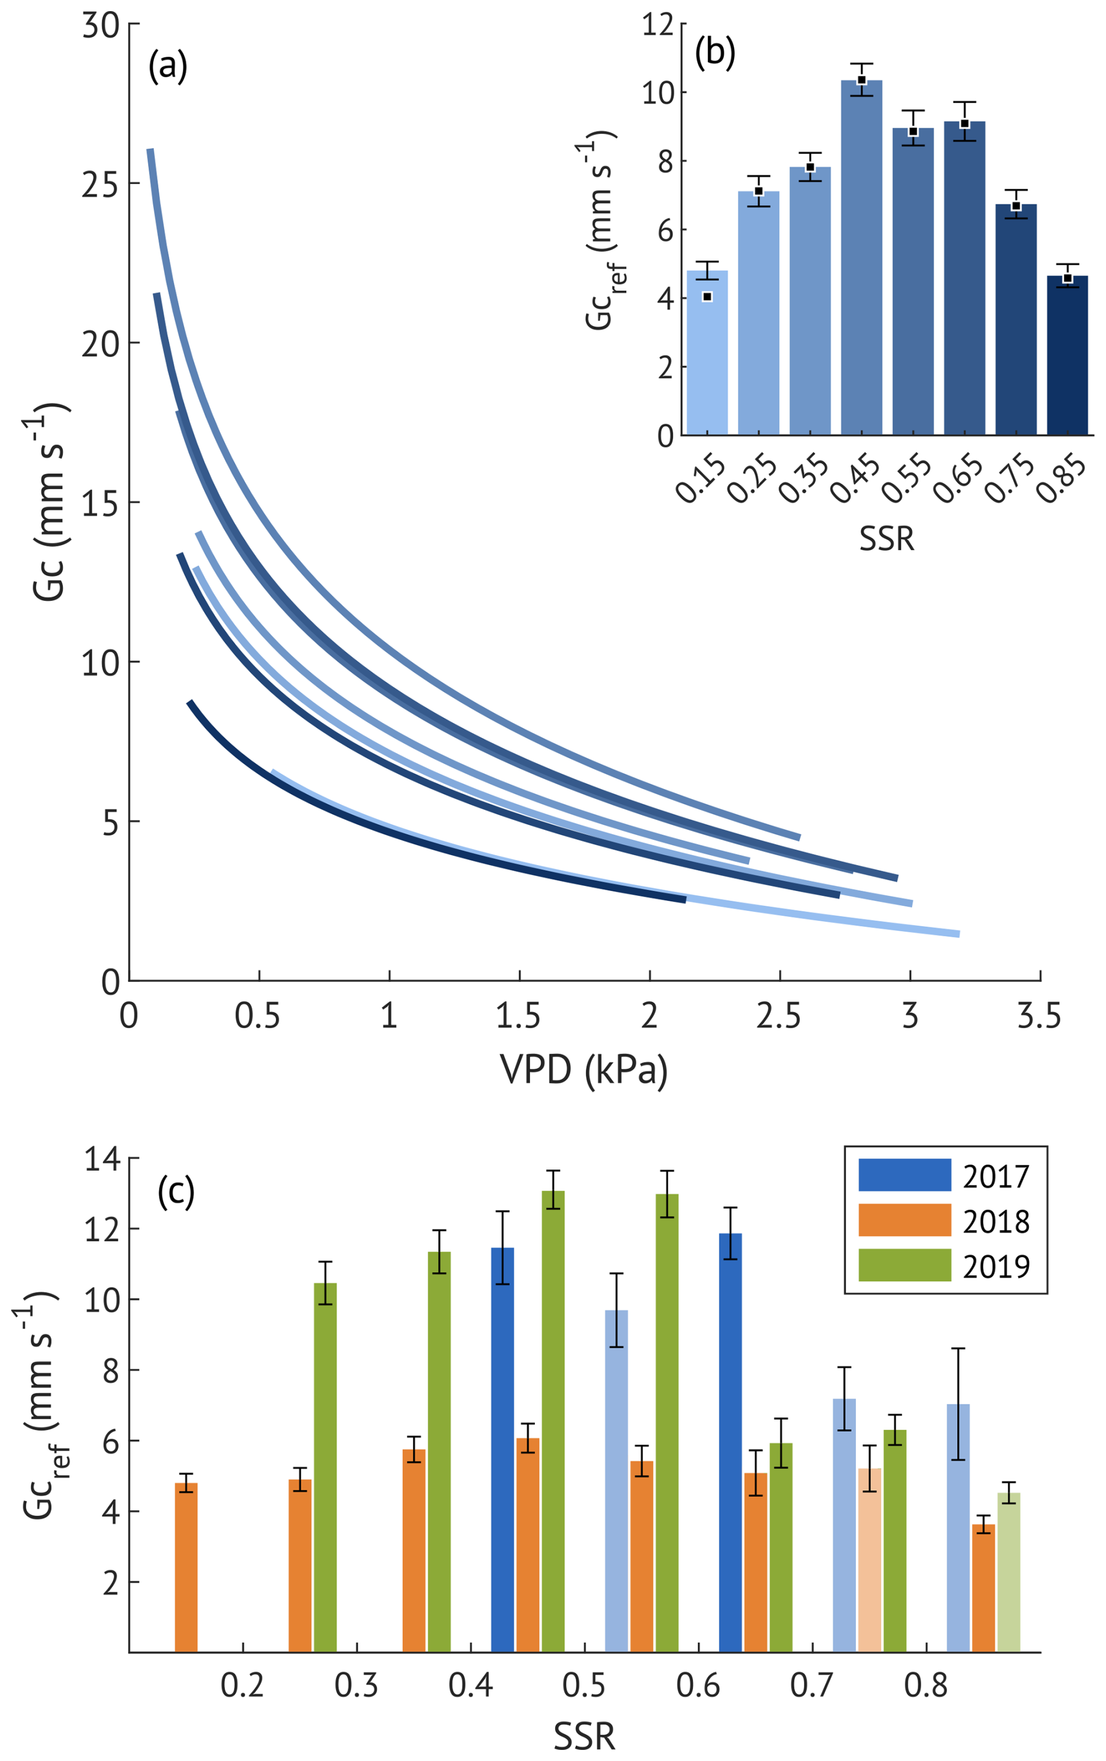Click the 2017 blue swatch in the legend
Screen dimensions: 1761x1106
904,1175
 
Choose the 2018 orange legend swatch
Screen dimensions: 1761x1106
904,1220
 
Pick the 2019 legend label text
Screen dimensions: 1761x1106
996,1266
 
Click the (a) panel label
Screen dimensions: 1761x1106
168,66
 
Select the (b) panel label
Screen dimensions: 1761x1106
715,53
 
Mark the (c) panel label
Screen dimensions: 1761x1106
177,1192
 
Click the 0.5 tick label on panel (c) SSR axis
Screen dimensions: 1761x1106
584,1685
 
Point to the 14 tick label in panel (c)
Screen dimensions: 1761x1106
102,1160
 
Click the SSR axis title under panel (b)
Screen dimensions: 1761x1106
887,539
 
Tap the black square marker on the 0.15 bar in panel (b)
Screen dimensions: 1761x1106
707,296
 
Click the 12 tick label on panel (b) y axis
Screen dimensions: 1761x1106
657,25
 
